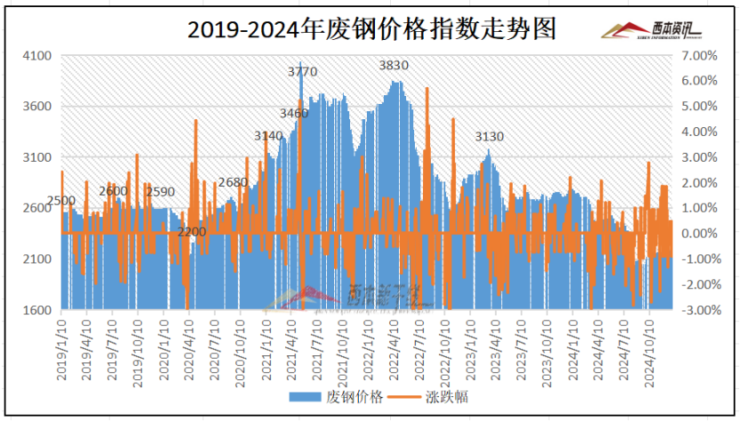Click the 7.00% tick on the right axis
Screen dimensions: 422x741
click(x=700, y=56)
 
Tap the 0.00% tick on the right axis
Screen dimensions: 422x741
click(x=700, y=234)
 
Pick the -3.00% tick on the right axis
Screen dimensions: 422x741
click(x=698, y=310)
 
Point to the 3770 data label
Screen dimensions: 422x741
click(x=303, y=71)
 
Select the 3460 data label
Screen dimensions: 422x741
click(x=293, y=114)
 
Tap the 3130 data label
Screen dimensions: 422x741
click(x=490, y=137)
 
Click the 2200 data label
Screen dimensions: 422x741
click(x=191, y=232)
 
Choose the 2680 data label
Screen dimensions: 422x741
click(x=233, y=183)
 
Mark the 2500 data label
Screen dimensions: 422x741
click(x=60, y=201)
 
